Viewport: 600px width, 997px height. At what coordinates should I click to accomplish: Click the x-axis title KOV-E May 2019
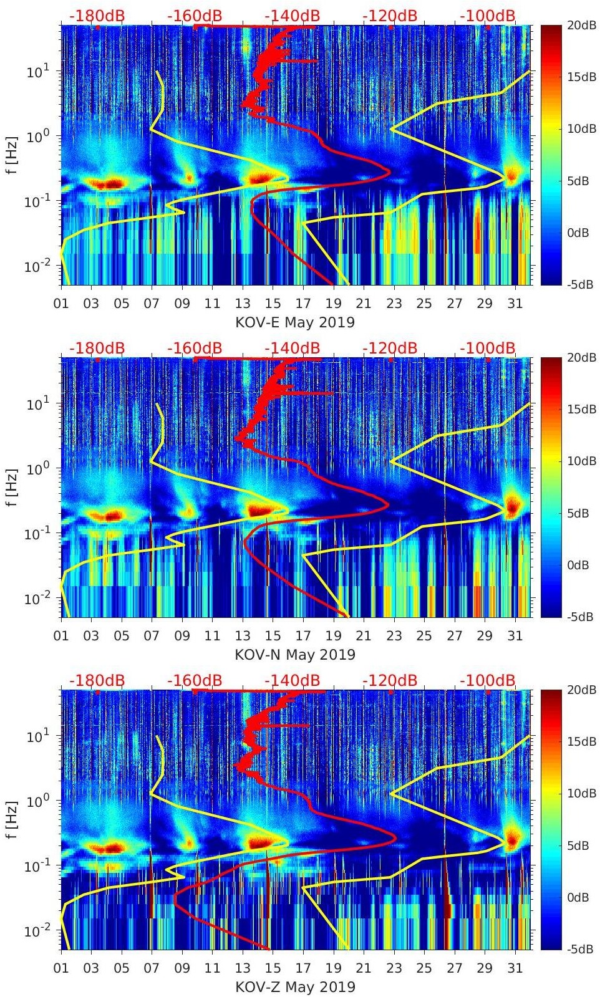click(294, 322)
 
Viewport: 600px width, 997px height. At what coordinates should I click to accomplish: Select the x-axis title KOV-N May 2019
click(294, 655)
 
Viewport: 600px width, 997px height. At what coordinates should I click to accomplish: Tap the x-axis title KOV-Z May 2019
click(294, 987)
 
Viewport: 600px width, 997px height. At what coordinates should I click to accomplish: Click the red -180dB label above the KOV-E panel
click(97, 16)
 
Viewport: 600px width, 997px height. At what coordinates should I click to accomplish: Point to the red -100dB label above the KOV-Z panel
click(487, 680)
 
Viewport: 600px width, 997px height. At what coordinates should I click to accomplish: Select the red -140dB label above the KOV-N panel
click(292, 348)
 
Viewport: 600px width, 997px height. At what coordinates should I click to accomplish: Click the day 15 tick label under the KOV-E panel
click(273, 304)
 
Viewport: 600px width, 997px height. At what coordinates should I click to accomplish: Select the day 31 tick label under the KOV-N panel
click(515, 636)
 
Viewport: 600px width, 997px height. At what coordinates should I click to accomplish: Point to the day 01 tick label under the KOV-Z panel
click(61, 968)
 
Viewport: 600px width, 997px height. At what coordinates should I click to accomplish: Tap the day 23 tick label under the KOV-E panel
click(394, 304)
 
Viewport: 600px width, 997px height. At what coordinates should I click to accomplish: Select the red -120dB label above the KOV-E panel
click(389, 16)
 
